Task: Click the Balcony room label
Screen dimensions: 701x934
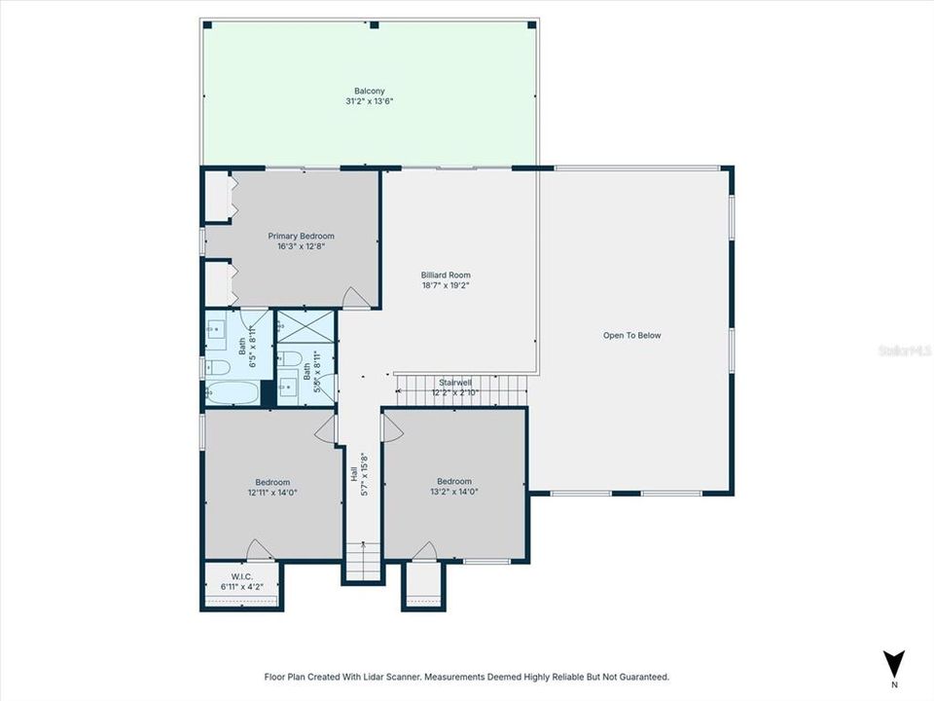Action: pyautogui.click(x=369, y=91)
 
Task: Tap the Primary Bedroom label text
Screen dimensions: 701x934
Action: pyautogui.click(x=301, y=236)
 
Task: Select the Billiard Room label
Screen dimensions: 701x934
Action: pyautogui.click(x=446, y=276)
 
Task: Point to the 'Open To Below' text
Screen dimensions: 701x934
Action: pyautogui.click(x=631, y=335)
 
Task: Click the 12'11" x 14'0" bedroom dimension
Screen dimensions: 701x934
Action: pyautogui.click(x=272, y=493)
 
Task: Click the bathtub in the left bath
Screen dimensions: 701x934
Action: pyautogui.click(x=233, y=394)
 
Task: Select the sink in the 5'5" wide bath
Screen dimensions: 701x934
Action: pyautogui.click(x=288, y=387)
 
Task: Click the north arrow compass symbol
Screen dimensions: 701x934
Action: pyautogui.click(x=893, y=665)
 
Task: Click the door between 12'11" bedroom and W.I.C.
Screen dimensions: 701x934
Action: pyautogui.click(x=259, y=551)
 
